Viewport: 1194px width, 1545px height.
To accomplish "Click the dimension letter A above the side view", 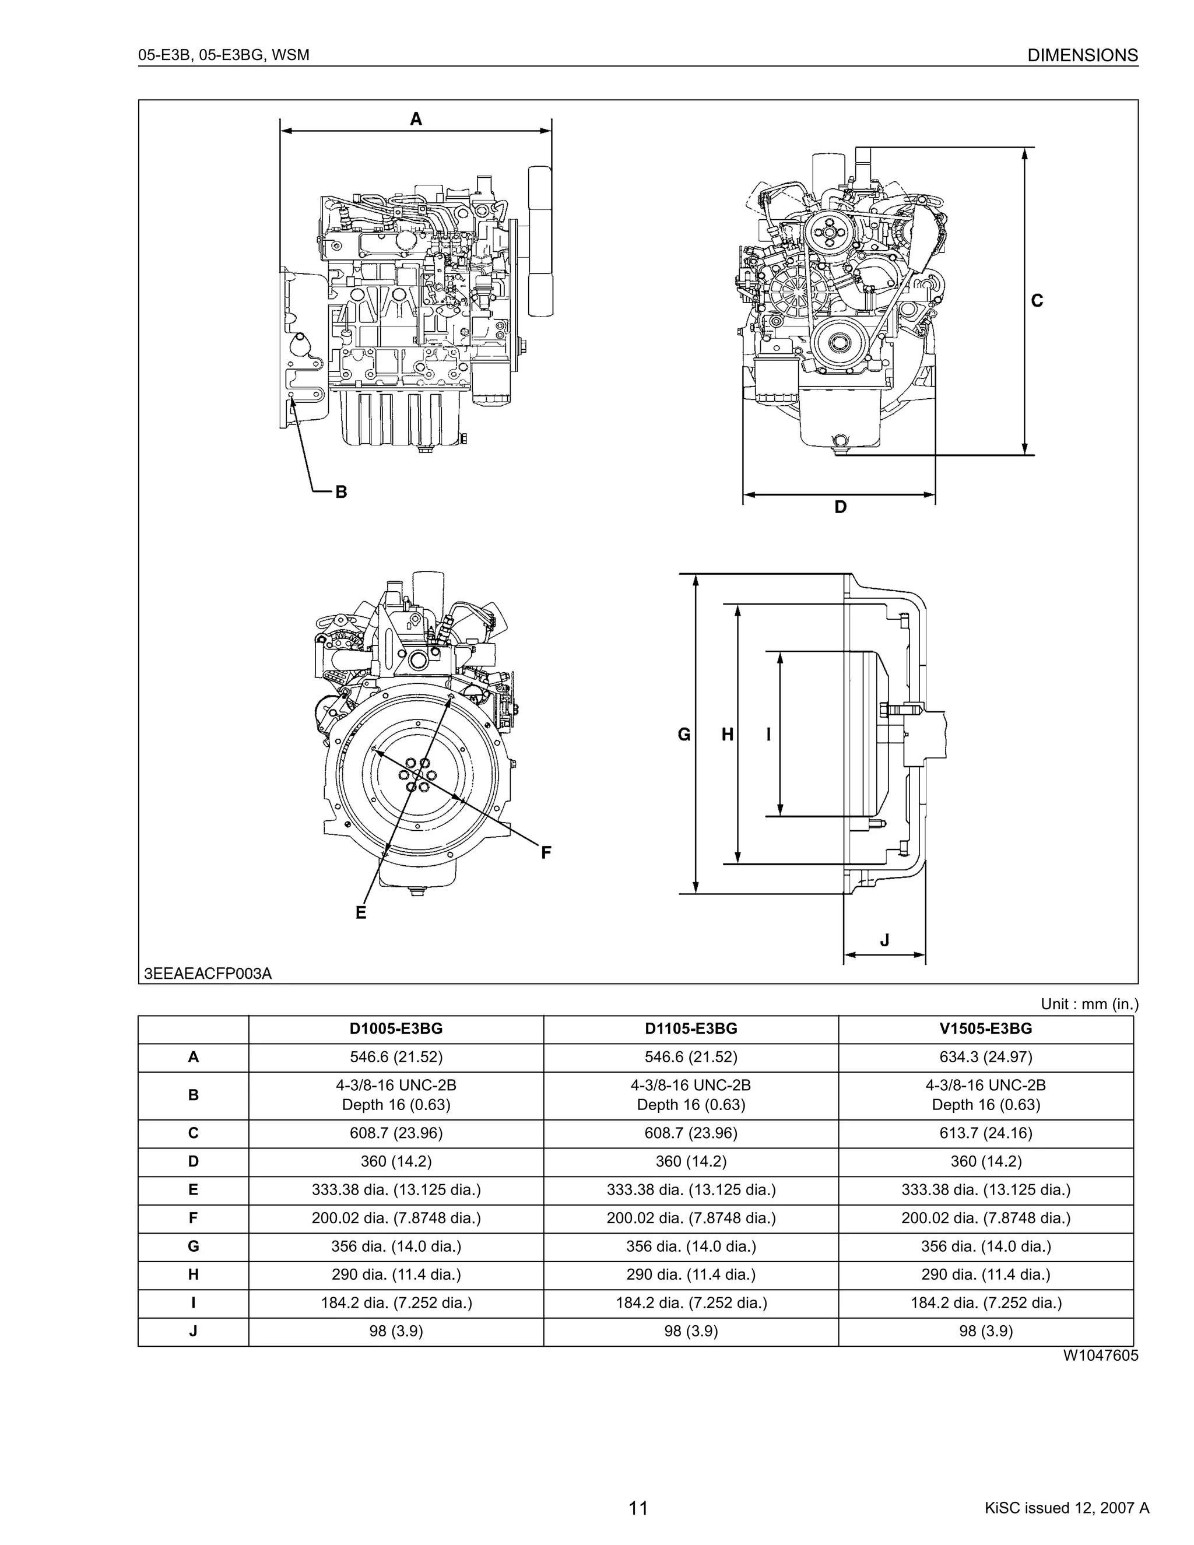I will (x=416, y=119).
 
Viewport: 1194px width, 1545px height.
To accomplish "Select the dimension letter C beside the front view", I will (x=1037, y=301).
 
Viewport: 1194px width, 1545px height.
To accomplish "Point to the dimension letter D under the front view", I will (x=840, y=507).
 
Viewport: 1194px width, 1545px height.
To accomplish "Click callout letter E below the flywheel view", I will (x=361, y=912).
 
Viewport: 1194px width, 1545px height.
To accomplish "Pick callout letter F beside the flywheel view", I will (x=546, y=852).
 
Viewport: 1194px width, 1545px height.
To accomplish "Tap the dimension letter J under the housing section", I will (x=884, y=940).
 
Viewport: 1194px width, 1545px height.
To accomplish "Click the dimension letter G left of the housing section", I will (x=684, y=735).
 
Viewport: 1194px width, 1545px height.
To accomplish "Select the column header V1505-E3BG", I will (x=985, y=1028).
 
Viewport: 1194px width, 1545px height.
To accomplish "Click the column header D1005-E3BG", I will (x=396, y=1028).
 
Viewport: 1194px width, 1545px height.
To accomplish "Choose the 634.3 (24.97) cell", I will (x=985, y=1057).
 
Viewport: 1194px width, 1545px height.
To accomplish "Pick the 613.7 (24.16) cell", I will (x=985, y=1133).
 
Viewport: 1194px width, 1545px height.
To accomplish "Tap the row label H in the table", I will (x=193, y=1274).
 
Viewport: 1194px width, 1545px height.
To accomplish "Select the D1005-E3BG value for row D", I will (x=396, y=1161).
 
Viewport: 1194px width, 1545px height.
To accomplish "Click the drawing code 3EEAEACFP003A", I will (x=208, y=974).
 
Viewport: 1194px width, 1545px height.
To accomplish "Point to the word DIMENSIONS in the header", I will (x=1082, y=55).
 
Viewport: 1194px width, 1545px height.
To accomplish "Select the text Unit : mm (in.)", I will (x=1089, y=1004).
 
